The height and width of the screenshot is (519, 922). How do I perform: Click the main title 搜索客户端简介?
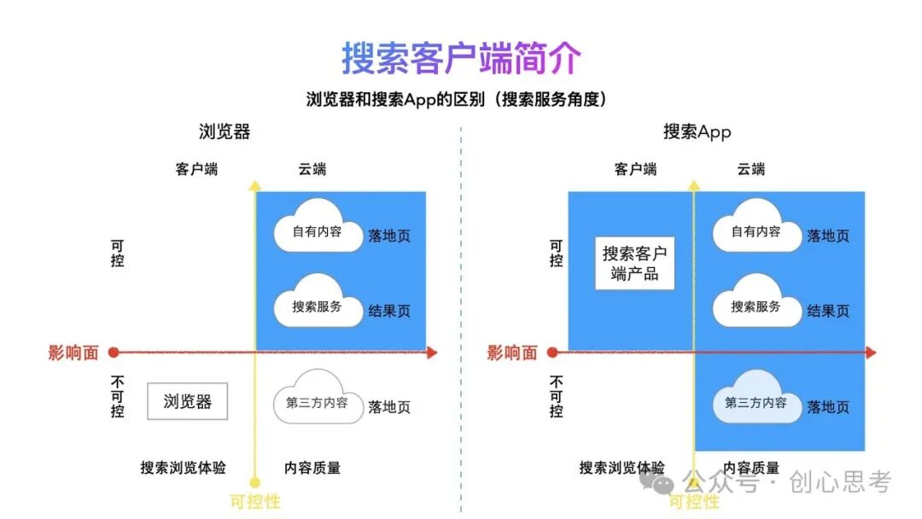click(x=461, y=58)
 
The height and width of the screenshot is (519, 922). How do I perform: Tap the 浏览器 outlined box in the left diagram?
click(x=187, y=401)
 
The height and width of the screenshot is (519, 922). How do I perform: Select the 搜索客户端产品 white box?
click(x=634, y=263)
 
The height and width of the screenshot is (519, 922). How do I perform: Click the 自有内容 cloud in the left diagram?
click(x=317, y=229)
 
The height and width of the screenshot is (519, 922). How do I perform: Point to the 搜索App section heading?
click(x=697, y=132)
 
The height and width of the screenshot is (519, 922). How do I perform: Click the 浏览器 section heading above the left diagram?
click(x=225, y=132)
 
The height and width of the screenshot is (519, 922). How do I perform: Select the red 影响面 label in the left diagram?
click(x=73, y=353)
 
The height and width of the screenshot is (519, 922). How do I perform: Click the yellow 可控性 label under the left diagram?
click(x=255, y=502)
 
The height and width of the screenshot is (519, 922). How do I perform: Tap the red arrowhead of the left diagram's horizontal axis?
click(x=432, y=352)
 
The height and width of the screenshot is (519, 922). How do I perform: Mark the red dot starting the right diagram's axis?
click(x=552, y=352)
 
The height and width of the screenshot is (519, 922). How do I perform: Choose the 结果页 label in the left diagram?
click(x=389, y=311)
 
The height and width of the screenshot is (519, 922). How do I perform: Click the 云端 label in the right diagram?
click(x=750, y=169)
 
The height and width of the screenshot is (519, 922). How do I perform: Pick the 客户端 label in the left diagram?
click(x=196, y=169)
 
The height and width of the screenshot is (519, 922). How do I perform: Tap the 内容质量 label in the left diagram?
click(x=312, y=468)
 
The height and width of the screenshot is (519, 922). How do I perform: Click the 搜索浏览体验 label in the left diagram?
click(x=184, y=468)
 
